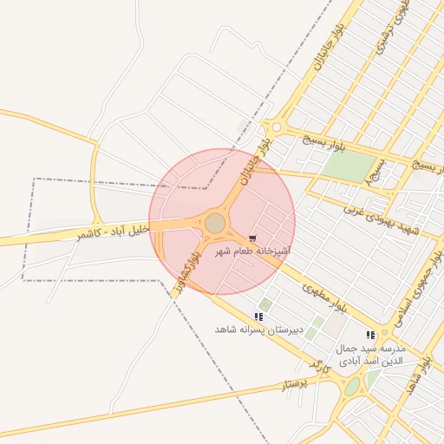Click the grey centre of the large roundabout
[215, 224]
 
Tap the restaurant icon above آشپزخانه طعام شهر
[252, 238]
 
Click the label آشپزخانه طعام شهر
[252, 251]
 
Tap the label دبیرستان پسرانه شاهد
[259, 330]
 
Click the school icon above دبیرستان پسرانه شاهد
[259, 317]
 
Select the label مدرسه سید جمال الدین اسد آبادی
[370, 351]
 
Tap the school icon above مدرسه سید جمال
[370, 335]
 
